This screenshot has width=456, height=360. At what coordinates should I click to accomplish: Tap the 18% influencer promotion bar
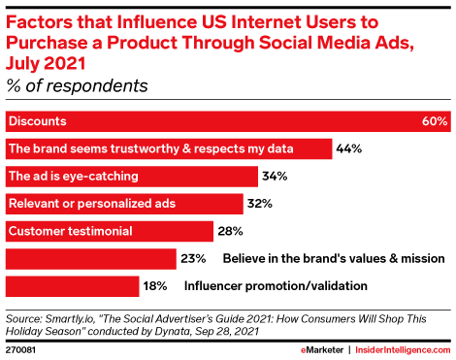tap(73, 286)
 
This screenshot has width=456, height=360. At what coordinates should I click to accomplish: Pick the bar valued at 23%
tap(90, 259)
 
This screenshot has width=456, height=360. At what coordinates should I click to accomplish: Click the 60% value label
tap(435, 122)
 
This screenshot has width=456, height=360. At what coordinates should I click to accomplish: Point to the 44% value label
tap(348, 149)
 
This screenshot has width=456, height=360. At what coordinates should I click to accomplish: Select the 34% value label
tap(274, 177)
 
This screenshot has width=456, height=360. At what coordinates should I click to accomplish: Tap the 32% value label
tap(258, 204)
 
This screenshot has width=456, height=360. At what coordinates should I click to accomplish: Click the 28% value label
tap(228, 231)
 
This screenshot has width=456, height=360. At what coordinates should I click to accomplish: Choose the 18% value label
tap(156, 286)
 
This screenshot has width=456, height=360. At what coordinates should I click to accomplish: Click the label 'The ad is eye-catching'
tap(73, 177)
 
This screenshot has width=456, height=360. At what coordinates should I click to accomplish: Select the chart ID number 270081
tap(21, 348)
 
